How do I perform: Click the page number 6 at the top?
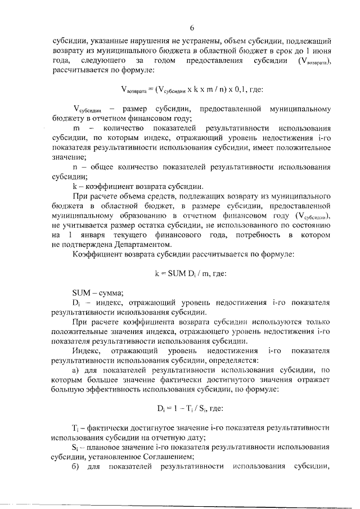[x=191, y=28]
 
